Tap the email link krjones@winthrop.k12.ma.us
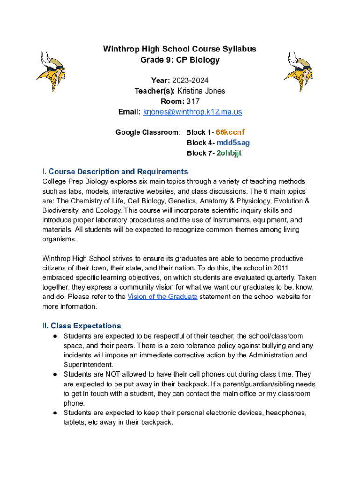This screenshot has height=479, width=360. click(x=193, y=112)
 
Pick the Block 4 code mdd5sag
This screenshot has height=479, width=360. click(x=233, y=143)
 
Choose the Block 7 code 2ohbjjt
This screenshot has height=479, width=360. click(x=229, y=153)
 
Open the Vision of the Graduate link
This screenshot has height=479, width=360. click(x=162, y=297)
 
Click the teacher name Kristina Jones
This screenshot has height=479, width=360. click(x=201, y=91)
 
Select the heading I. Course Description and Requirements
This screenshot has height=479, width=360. click(x=115, y=171)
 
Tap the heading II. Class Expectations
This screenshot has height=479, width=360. click(x=81, y=326)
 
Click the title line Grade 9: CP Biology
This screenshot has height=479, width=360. click(x=180, y=60)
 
